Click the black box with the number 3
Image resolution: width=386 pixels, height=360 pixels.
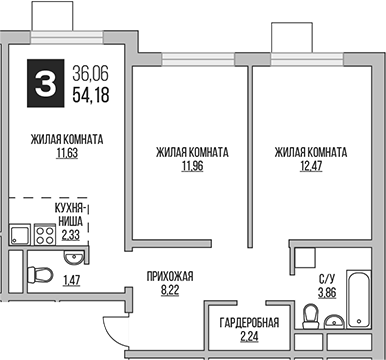pyautogui.click(x=45, y=83)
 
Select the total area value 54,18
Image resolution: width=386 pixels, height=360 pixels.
pyautogui.click(x=91, y=94)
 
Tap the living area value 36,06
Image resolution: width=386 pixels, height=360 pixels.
pyautogui.click(x=91, y=73)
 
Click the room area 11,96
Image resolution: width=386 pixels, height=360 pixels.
pyautogui.click(x=192, y=166)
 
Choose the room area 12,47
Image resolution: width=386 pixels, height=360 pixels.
pyautogui.click(x=310, y=166)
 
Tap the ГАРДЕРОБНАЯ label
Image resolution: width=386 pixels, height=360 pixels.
pyautogui.click(x=257, y=322)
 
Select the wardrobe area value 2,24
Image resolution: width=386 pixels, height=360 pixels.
pyautogui.click(x=257, y=336)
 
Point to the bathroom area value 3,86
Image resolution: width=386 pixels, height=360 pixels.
pyautogui.click(x=327, y=295)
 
